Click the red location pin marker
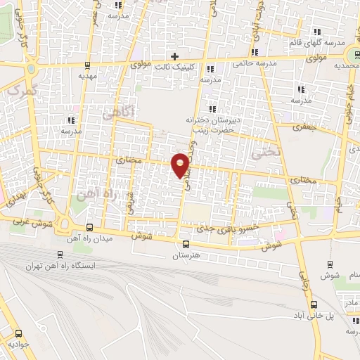click(181, 164)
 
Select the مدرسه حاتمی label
click(250, 63)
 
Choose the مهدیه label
click(87, 75)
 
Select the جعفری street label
click(307, 128)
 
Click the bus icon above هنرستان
click(187, 243)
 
